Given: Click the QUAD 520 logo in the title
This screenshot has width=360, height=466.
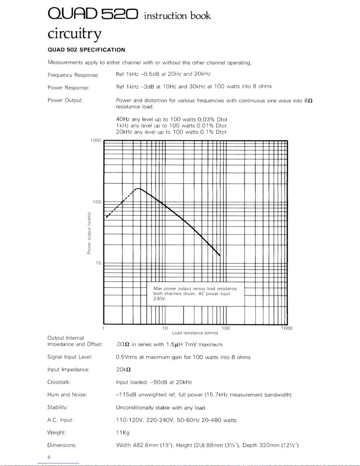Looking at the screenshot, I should (x=93, y=14).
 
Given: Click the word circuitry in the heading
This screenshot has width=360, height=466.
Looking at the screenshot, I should (x=75, y=34).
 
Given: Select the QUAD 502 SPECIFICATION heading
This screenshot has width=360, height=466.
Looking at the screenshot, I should (x=86, y=50).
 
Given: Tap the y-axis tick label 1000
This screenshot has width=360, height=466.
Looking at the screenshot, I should (x=96, y=140).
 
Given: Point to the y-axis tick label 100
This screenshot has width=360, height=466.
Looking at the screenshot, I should (x=97, y=202).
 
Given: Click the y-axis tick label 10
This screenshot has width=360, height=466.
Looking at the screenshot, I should (x=98, y=263).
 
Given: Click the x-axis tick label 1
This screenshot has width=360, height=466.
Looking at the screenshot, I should (x=103, y=328).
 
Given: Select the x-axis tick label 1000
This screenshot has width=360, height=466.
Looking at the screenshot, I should (x=287, y=328).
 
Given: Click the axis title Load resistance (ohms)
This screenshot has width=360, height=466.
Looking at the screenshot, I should (x=195, y=333).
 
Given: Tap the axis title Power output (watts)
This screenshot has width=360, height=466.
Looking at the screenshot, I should (x=89, y=233).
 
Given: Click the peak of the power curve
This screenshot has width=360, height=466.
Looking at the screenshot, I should (x=139, y=188).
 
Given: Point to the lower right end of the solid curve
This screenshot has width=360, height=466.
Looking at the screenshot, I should (x=220, y=255).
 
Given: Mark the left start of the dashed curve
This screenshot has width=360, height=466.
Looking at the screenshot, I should (x=106, y=217).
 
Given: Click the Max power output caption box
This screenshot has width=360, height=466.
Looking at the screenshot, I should (x=195, y=293).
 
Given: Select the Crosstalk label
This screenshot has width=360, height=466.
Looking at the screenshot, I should (x=59, y=382).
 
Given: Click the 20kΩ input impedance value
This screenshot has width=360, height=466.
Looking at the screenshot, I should (x=123, y=370).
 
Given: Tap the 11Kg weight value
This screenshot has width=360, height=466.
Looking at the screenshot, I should (x=123, y=432).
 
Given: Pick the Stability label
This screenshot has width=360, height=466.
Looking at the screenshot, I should (x=58, y=407).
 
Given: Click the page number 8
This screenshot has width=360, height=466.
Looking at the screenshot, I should (x=49, y=457).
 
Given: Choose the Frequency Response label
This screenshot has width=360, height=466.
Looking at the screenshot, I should (x=73, y=75).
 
